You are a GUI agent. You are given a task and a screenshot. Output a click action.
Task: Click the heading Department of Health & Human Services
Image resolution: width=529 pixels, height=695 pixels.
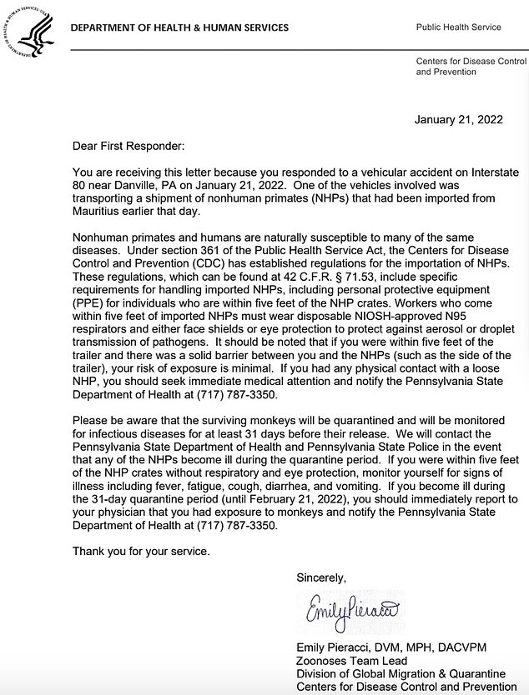tap(179, 27)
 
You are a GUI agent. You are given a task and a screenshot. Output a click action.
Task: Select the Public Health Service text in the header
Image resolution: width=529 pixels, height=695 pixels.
tap(458, 27)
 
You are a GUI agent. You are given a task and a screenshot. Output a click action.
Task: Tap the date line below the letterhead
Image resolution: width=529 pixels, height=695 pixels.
tap(458, 119)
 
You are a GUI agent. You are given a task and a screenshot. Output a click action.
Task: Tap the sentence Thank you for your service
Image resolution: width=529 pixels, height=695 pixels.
tap(141, 551)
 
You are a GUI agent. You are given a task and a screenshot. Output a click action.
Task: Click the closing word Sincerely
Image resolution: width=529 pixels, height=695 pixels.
tap(320, 577)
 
